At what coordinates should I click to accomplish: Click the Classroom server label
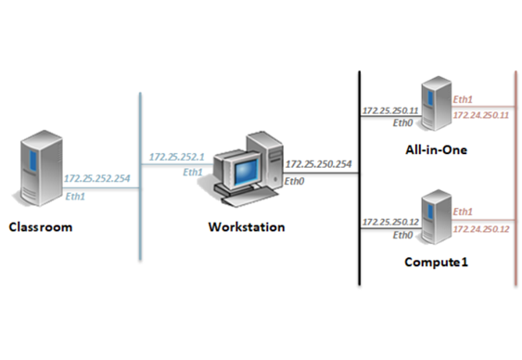(41, 227)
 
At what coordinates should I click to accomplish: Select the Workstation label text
(247, 227)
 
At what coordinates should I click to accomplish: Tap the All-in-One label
(436, 150)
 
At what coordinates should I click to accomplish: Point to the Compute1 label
(436, 262)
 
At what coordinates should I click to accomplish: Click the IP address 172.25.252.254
(96, 178)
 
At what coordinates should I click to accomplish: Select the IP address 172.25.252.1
(177, 157)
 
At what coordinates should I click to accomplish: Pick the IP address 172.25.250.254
(319, 164)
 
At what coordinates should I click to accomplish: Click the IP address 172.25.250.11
(390, 110)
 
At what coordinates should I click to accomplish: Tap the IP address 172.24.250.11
(481, 115)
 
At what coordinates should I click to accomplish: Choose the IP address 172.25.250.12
(390, 222)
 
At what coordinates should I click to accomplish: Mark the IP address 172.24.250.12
(481, 229)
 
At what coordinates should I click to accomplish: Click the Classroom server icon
(39, 168)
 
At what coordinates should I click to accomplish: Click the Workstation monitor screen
(246, 172)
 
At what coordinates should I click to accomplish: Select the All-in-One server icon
(436, 104)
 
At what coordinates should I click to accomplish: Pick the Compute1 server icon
(436, 217)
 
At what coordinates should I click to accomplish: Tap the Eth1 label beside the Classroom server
(75, 197)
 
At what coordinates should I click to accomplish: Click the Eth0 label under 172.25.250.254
(294, 182)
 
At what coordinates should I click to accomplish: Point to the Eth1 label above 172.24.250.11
(463, 99)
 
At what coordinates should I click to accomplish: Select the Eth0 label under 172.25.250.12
(402, 236)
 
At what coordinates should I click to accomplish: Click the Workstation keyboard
(247, 194)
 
